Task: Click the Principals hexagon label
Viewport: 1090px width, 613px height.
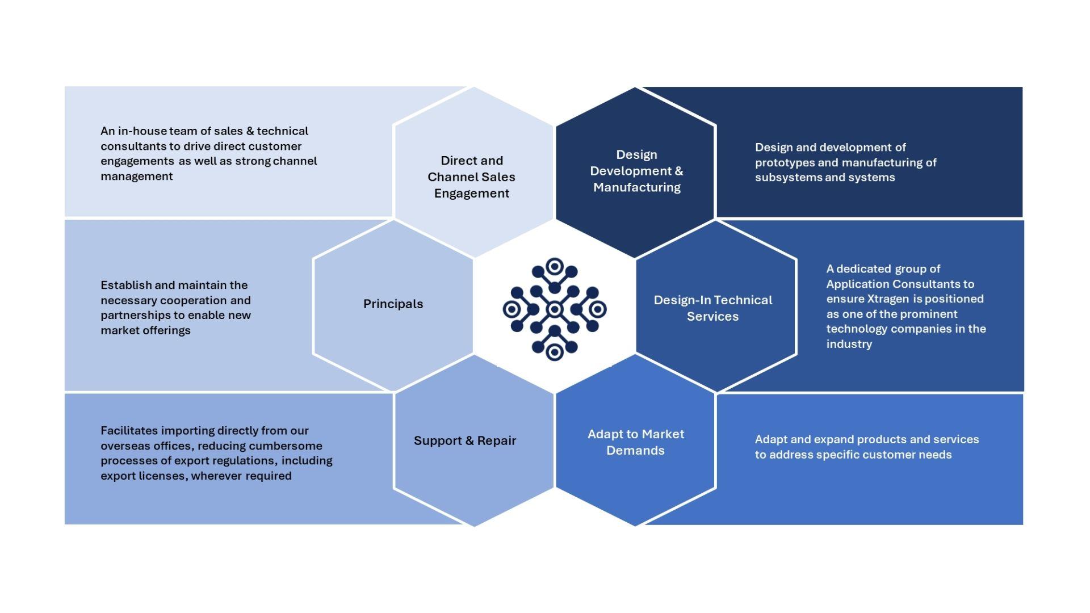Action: (393, 304)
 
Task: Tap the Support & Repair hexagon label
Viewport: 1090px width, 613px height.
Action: (464, 441)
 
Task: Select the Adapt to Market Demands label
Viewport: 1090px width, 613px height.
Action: (635, 442)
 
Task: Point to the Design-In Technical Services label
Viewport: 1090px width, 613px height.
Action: (712, 308)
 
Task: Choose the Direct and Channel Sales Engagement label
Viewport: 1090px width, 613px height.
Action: (471, 177)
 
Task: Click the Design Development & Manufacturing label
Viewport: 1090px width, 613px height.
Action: (636, 171)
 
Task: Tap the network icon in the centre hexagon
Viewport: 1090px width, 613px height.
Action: (554, 309)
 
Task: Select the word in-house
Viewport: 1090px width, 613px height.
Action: (142, 131)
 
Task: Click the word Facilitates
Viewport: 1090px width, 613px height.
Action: (129, 431)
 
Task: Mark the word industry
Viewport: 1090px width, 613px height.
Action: (849, 345)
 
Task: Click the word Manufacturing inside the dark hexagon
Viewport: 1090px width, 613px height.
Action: (636, 187)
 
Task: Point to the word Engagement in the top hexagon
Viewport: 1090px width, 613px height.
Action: (471, 194)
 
